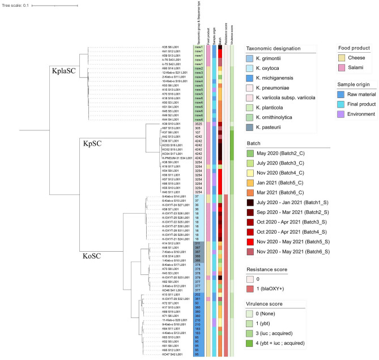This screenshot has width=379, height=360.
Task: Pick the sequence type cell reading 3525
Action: pos(198,124)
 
